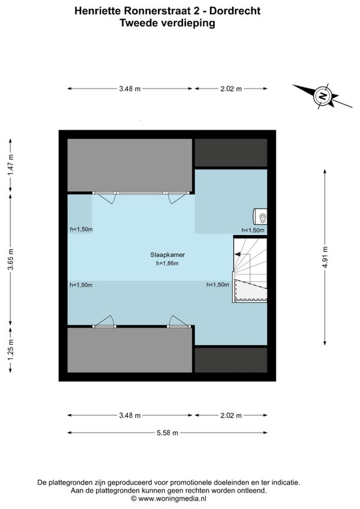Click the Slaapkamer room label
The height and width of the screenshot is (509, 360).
167,255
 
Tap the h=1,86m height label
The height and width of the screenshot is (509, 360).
167,264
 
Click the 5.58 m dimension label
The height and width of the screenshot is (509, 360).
167,433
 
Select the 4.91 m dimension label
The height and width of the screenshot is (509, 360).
325,257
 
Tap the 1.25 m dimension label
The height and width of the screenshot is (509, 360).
11,349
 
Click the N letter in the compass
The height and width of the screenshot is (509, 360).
322,96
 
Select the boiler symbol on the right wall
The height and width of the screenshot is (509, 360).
260,217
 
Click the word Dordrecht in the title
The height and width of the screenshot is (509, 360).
235,11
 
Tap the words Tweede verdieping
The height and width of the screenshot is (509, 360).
167,23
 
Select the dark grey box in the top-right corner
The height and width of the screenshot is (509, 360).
231,153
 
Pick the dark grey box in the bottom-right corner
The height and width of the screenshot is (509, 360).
231,360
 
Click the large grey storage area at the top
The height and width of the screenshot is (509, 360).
130,165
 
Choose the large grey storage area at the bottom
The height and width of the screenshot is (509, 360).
130,350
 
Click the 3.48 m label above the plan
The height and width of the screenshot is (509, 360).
130,89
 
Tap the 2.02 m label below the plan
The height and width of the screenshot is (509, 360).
231,415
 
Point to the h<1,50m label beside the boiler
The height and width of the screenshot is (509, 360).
253,230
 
